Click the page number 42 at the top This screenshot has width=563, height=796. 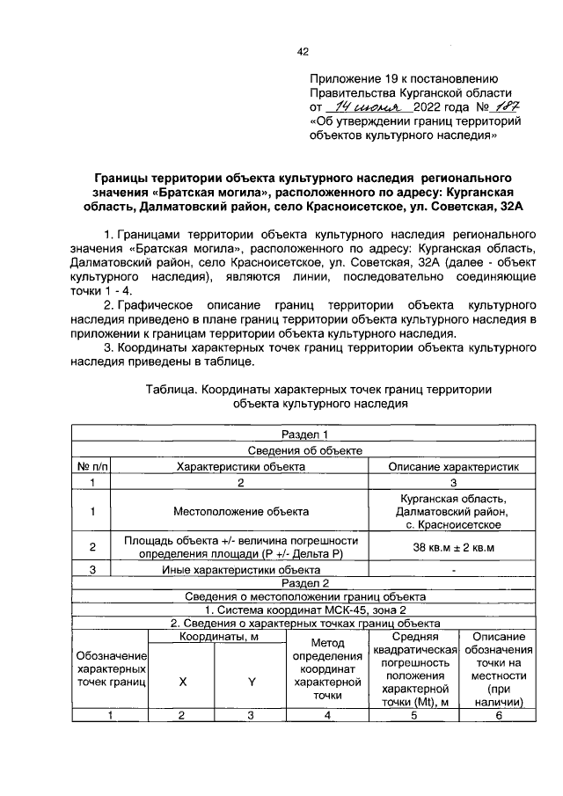click(303, 52)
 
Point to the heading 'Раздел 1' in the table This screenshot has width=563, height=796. click(304, 435)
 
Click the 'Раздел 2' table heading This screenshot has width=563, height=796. click(304, 582)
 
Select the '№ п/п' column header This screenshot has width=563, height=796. click(92, 466)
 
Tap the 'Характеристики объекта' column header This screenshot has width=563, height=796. click(241, 466)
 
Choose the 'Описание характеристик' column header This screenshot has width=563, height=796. click(454, 466)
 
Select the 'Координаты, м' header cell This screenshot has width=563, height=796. click(216, 637)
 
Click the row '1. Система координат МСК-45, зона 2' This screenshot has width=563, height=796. click(304, 610)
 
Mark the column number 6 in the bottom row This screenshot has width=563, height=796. click(498, 715)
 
